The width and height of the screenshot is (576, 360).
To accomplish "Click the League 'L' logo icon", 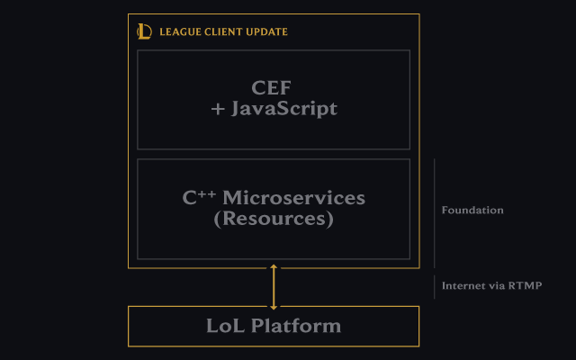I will tap(144, 31).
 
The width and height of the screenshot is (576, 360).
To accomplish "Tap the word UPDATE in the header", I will tap(268, 32).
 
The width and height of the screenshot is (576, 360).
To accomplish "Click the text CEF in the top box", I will tap(273, 88).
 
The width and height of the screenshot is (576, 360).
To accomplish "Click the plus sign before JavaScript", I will tap(218, 110).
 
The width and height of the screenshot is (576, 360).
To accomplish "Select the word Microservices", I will tap(293, 197).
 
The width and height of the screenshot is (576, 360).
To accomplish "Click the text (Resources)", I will tap(274, 218).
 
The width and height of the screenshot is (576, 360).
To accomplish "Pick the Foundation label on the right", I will tap(472, 211).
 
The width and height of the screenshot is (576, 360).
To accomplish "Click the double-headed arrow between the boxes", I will tap(274, 287).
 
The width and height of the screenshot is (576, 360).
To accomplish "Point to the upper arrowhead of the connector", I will tap(274, 268).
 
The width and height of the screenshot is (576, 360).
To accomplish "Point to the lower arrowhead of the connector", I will tap(274, 305).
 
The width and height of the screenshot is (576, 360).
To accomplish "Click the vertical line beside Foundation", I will tap(435, 212).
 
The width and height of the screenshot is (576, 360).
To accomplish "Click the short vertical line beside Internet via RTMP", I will tap(435, 286).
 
